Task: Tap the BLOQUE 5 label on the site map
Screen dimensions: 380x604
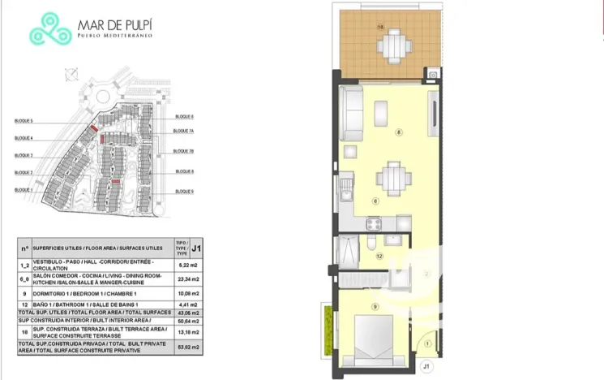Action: click(24, 120)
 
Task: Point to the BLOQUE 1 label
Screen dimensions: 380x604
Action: click(24, 190)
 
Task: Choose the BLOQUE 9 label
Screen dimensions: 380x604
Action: click(184, 192)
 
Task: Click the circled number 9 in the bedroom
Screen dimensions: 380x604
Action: click(375, 306)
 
